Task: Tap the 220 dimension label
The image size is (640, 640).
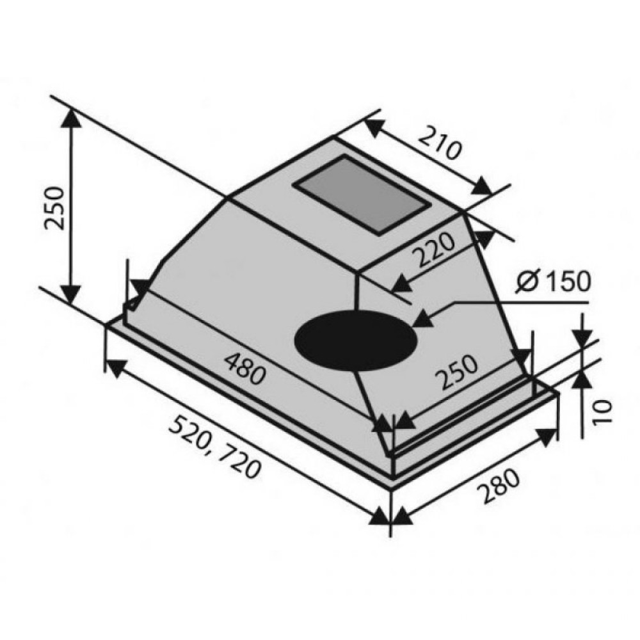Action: pos(433,249)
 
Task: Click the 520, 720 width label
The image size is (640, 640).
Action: pos(214,447)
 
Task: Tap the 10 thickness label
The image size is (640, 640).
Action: pos(602,413)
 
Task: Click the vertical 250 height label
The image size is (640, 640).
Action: pos(54,208)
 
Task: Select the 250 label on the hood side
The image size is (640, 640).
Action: pos(456,372)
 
